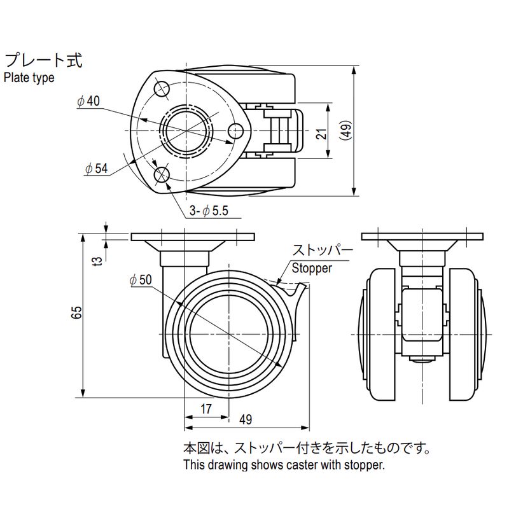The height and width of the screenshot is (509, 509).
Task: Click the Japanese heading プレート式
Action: (44, 61)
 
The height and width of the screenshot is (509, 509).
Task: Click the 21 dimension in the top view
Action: (321, 132)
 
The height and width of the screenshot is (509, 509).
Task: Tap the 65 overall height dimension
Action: (77, 312)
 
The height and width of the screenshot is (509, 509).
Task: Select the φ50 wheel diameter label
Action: (140, 279)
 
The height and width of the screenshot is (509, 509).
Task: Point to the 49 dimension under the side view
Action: (246, 419)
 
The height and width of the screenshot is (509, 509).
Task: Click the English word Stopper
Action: (312, 268)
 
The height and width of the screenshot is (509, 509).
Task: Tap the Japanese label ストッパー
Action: (322, 250)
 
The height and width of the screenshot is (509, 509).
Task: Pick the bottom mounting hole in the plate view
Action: (162, 175)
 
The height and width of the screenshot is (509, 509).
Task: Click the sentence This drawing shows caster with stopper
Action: (284, 465)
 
